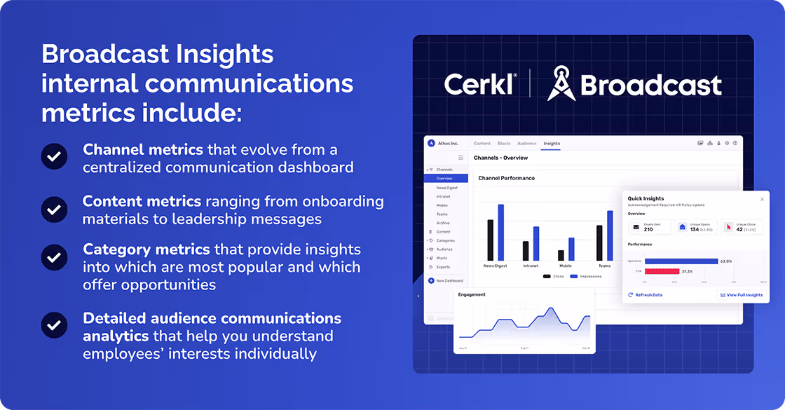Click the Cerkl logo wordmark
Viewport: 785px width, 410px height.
tap(479, 84)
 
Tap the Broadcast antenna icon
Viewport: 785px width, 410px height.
tap(562, 83)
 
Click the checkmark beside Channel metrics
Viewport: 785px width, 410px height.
tap(54, 157)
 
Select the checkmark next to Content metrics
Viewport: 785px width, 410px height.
tap(54, 209)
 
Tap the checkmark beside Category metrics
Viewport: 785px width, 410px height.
tap(54, 257)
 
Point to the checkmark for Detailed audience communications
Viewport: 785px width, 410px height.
tap(54, 325)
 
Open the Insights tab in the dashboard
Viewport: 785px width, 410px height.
tap(552, 143)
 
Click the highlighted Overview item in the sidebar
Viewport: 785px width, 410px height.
tap(445, 179)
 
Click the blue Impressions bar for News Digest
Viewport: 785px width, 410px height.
tap(501, 233)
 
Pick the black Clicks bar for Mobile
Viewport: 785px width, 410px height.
tap(561, 255)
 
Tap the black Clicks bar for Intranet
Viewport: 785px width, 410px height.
tap(526, 251)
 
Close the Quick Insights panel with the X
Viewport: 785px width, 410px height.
tap(763, 199)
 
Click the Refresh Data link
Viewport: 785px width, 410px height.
tap(646, 295)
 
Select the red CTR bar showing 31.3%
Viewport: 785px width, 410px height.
tap(662, 271)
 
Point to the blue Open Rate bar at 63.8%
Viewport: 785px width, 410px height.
tap(681, 261)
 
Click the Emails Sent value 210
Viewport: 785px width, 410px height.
tap(648, 229)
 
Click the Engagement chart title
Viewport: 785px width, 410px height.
tap(472, 294)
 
